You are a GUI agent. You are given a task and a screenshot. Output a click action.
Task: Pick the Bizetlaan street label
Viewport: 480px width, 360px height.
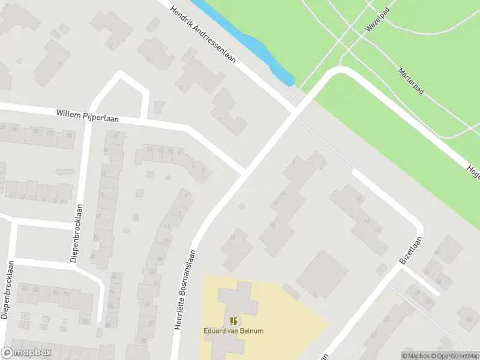(410, 251)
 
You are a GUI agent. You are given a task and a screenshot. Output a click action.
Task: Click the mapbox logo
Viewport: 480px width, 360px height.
(26, 353)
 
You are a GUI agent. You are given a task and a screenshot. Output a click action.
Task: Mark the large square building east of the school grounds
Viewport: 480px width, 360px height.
(322, 274)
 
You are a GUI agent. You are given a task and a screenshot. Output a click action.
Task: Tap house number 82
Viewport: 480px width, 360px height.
(25, 289)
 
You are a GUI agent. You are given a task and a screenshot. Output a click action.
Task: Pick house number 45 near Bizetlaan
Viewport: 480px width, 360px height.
(438, 252)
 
